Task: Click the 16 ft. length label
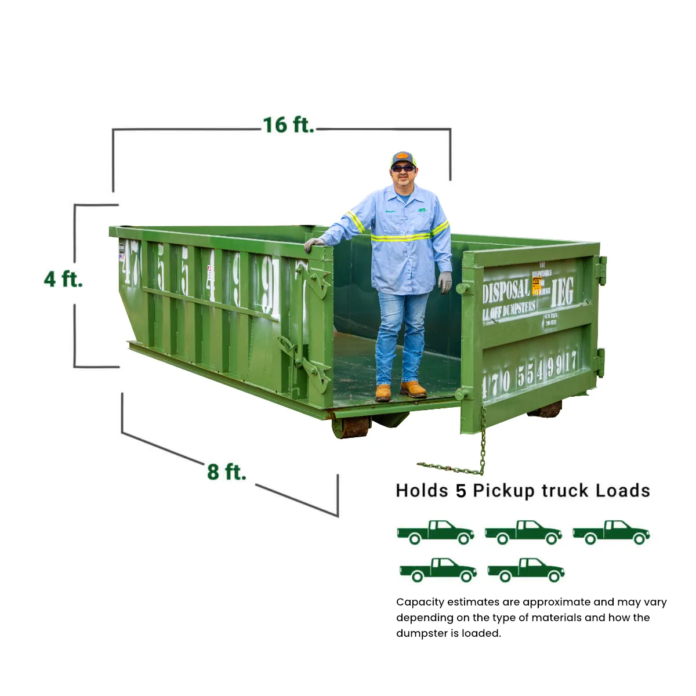288,125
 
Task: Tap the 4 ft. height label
63,279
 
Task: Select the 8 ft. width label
226,472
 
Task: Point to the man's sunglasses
403,168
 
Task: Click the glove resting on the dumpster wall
314,244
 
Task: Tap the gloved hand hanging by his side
445,282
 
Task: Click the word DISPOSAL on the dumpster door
506,291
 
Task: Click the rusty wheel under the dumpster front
351,427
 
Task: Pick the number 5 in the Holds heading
461,491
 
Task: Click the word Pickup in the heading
503,491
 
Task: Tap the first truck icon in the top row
436,532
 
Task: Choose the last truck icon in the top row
611,532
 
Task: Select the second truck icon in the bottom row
526,570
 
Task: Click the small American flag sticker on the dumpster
122,256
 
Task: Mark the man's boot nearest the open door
414,389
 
